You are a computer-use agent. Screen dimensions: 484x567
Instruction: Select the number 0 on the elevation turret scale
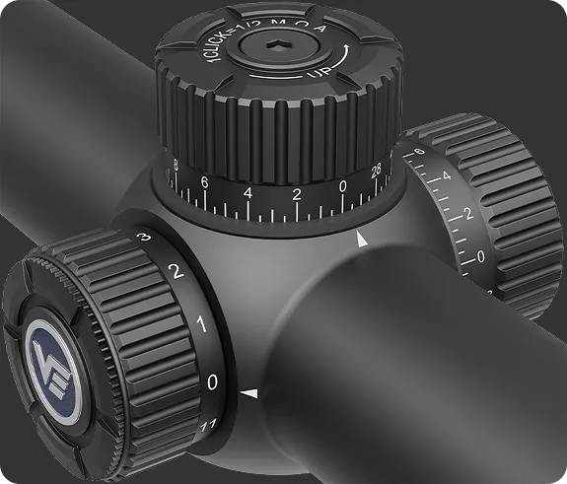click(x=342, y=184)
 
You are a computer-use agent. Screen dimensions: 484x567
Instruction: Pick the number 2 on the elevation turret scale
click(x=296, y=193)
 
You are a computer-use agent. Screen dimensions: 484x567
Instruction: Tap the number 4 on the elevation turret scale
click(x=248, y=193)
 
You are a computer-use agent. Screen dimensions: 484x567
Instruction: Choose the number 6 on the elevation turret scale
click(x=204, y=183)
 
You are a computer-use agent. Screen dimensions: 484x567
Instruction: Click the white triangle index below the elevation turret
click(x=363, y=239)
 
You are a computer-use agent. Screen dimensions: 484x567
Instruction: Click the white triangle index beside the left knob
click(x=249, y=394)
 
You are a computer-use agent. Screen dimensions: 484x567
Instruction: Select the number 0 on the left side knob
click(x=213, y=380)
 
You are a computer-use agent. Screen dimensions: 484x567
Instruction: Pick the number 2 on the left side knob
click(x=176, y=272)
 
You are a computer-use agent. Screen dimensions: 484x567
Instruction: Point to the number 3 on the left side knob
click(x=143, y=239)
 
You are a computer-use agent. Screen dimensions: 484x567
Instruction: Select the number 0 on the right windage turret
click(x=480, y=255)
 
